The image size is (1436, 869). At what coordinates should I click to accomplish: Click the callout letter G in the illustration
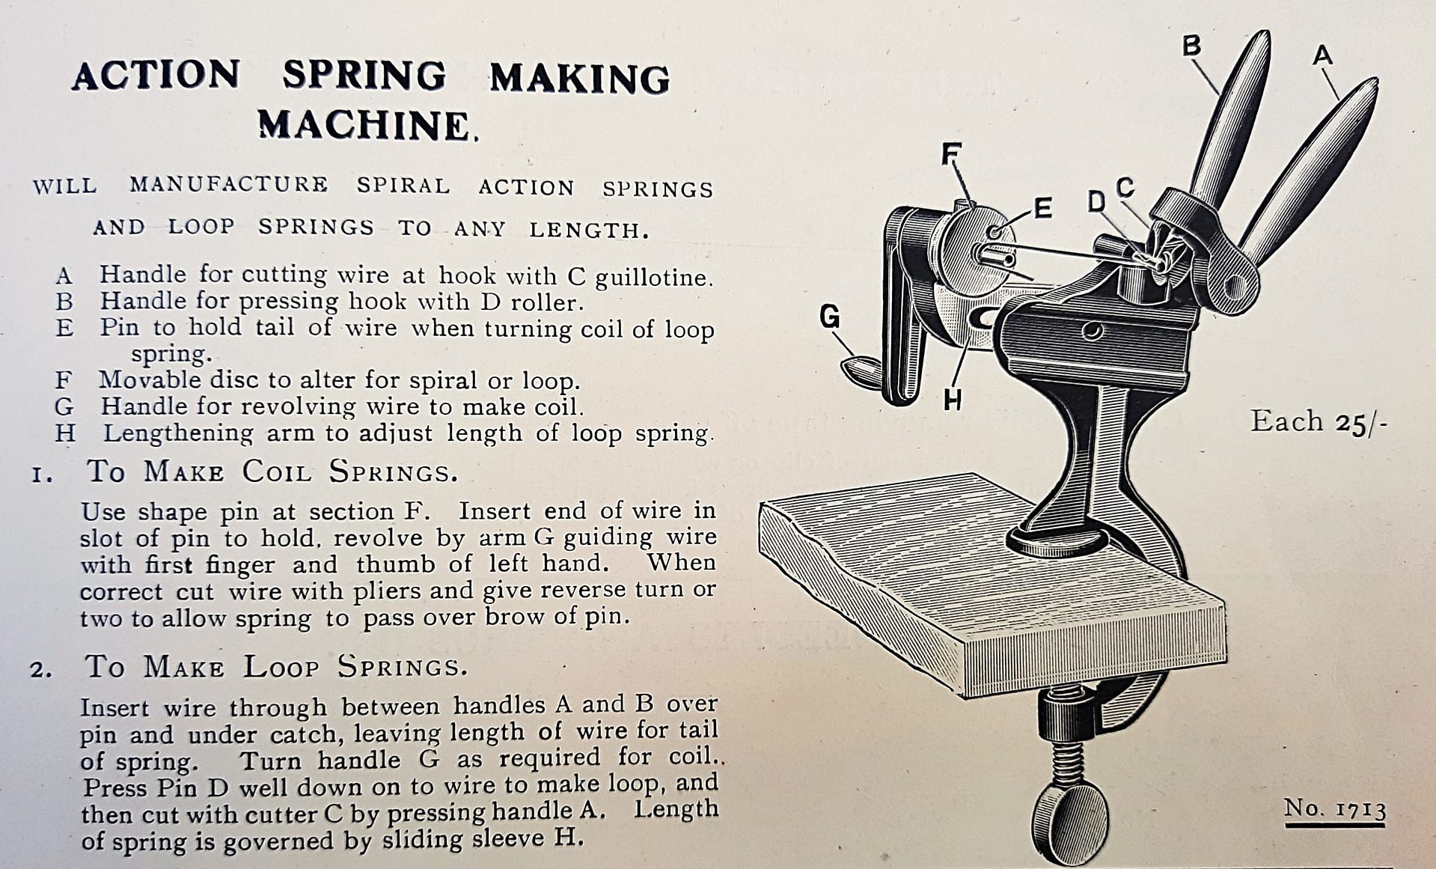829,317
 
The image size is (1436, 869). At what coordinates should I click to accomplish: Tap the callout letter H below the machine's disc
952,400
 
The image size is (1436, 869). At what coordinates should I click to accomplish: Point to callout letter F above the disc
950,153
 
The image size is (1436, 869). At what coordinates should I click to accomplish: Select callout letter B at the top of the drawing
1191,46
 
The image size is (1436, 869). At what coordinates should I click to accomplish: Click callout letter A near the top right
1323,55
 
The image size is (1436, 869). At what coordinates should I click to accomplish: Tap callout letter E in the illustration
1042,209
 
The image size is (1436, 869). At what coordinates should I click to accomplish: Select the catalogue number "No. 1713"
1334,808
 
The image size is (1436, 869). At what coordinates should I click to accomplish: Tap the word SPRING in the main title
364,76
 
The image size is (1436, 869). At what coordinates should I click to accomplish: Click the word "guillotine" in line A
653,278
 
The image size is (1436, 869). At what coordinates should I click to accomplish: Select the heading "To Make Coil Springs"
272,472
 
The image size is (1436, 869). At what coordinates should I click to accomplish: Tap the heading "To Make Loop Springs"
276,666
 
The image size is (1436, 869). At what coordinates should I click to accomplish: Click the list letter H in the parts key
64,433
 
